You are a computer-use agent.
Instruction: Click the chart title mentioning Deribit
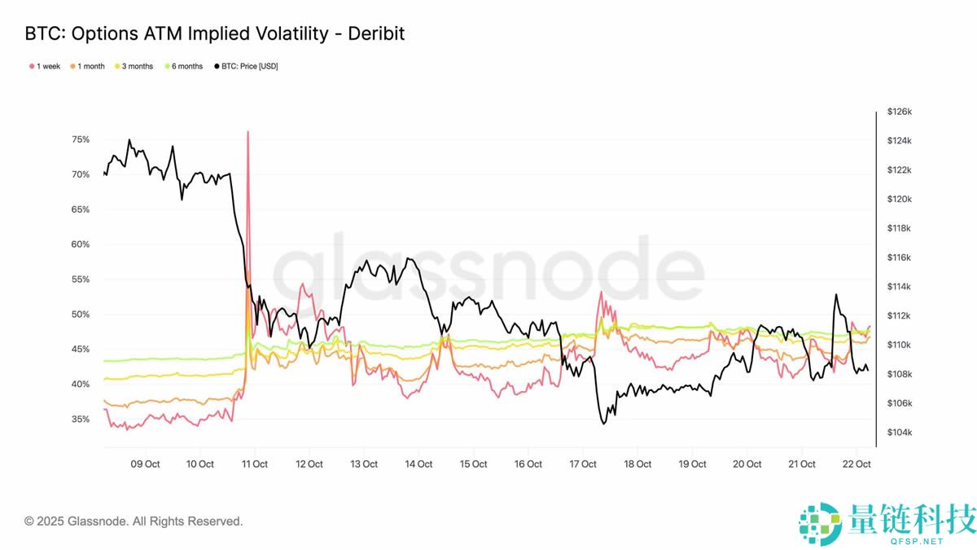point(215,33)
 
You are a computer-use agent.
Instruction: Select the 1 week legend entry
point(45,66)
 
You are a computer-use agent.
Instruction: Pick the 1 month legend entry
point(87,66)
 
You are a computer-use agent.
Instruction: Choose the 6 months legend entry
point(183,66)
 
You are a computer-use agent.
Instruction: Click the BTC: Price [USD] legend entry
point(246,66)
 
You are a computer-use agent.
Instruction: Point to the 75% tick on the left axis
point(81,139)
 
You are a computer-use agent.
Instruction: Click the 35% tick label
point(81,419)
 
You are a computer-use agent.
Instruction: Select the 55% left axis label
point(81,279)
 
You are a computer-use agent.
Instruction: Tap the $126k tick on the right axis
point(899,112)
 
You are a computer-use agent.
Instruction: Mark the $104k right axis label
point(899,433)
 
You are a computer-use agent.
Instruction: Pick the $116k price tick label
point(899,257)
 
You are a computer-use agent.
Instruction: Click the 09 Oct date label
point(145,464)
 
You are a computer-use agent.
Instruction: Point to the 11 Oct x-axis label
point(254,464)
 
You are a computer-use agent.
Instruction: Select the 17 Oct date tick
point(583,464)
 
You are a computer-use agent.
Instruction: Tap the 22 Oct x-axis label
point(857,464)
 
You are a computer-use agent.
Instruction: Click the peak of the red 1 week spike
point(248,132)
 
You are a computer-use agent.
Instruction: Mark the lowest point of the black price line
point(603,424)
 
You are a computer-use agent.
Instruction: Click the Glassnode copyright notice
point(134,521)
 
